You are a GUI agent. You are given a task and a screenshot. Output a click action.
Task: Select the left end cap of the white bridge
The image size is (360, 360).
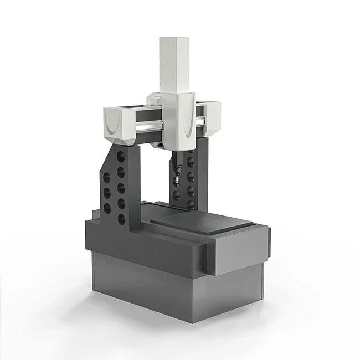(117, 122)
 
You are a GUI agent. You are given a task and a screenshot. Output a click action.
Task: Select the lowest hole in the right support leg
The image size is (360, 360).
(191, 203)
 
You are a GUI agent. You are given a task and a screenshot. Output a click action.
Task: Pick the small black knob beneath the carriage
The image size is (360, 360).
(160, 145)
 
